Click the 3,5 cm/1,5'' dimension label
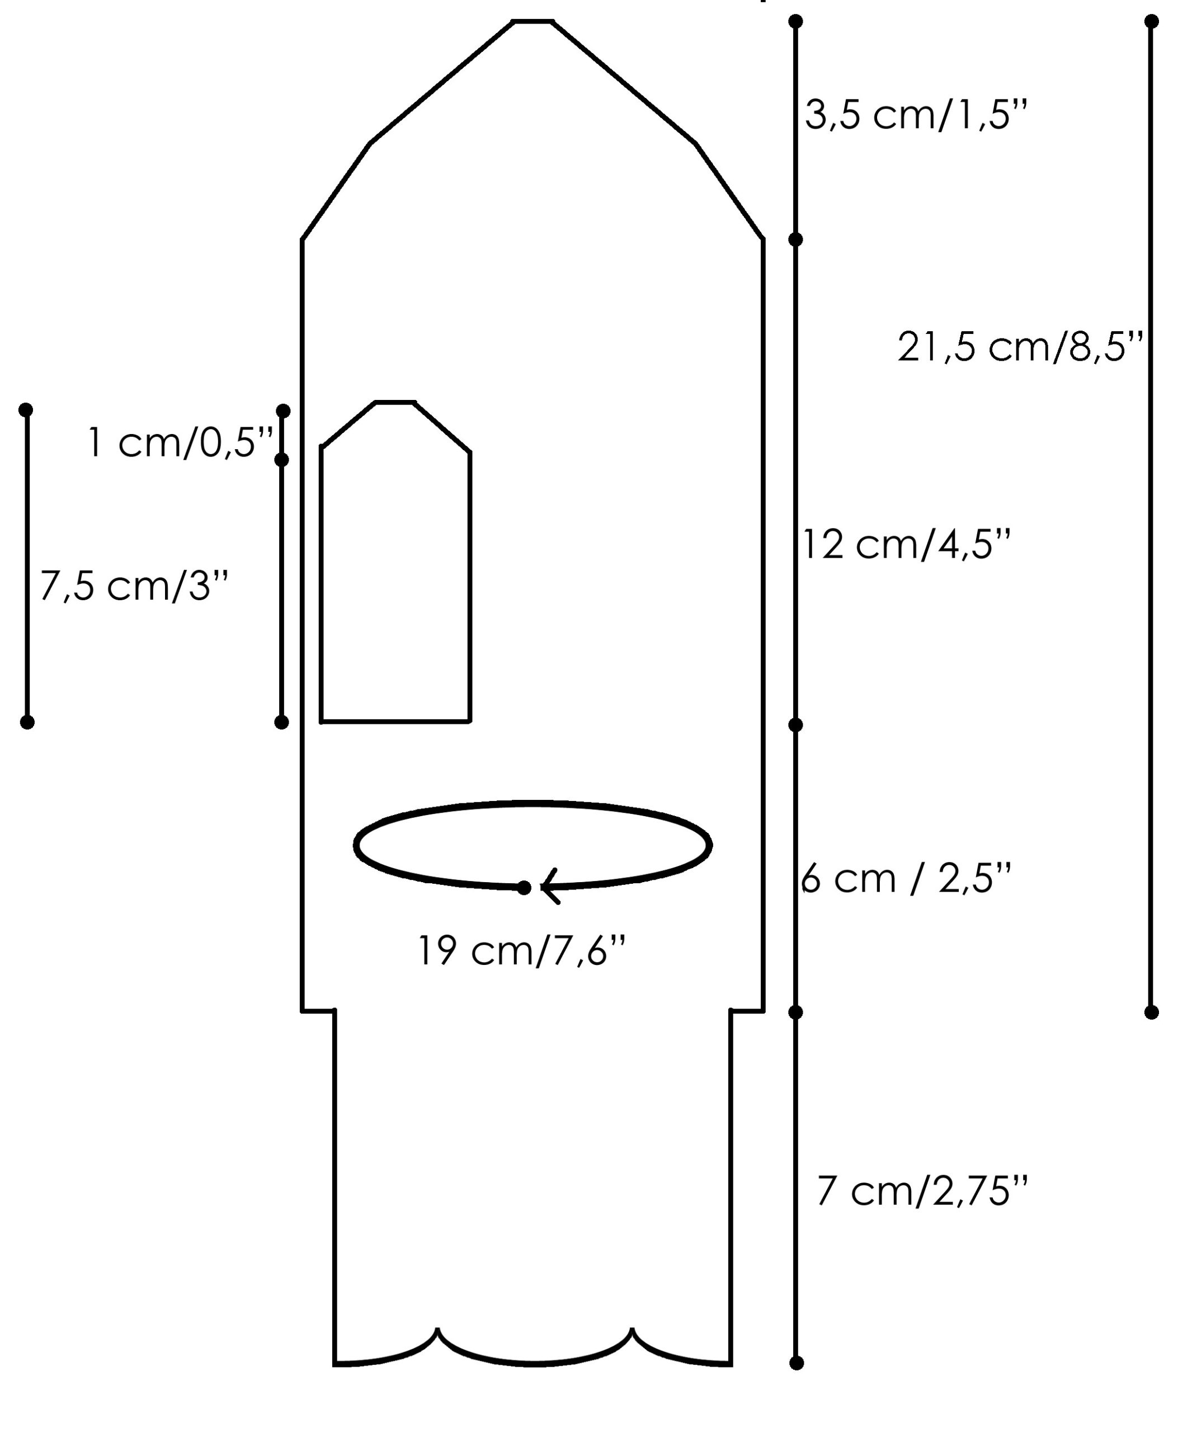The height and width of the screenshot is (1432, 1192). point(915,114)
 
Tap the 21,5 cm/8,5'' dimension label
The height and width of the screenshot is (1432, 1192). point(1020,346)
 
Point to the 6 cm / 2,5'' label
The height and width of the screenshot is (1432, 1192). point(906,878)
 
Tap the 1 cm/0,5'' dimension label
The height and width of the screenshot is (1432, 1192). point(181,442)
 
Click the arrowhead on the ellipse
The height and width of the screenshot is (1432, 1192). point(550,887)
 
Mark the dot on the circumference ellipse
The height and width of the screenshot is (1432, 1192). point(524,887)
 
